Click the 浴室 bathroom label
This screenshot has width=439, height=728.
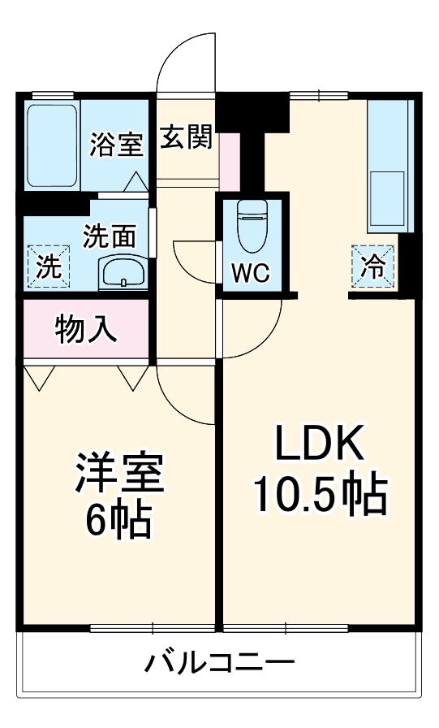point(116,145)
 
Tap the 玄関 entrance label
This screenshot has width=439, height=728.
point(184,138)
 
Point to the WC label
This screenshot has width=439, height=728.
point(251,274)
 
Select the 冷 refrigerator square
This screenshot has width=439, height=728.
point(373,266)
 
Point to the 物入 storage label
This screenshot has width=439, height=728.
point(86,329)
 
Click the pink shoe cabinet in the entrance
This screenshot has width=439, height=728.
point(229,159)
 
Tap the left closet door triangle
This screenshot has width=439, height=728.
point(39,376)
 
